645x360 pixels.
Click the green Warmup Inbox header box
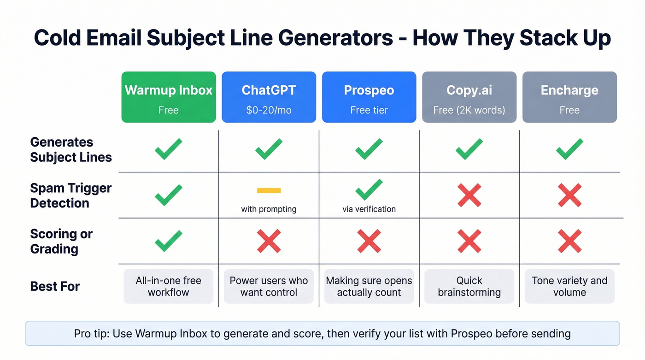(168, 97)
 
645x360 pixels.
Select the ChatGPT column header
(269, 97)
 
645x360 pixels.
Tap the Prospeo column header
(369, 97)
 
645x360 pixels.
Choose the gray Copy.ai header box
(469, 97)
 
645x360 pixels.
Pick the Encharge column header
(569, 97)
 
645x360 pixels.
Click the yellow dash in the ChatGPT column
(269, 190)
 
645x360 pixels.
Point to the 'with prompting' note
(269, 209)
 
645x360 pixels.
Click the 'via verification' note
(369, 209)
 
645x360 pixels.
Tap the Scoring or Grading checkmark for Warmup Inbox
(168, 241)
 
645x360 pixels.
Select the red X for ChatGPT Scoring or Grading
(269, 241)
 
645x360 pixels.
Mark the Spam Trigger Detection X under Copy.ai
(469, 195)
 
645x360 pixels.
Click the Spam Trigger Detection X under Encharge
(569, 195)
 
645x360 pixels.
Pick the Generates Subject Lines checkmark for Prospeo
(369, 149)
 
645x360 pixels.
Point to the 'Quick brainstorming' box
(469, 286)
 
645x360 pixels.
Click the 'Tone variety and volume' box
(569, 286)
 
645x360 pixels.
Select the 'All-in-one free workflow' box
(168, 286)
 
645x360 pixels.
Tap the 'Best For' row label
(55, 287)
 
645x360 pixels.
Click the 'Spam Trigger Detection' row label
(71, 195)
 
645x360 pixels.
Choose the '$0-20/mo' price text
(269, 110)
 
